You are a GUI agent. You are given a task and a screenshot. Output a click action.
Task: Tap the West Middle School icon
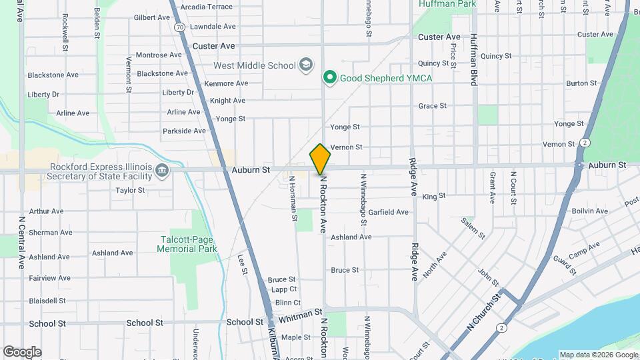[306, 65]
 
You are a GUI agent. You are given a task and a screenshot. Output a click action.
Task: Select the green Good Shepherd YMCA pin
[329, 78]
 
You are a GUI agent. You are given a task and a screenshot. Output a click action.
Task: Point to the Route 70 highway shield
[180, 27]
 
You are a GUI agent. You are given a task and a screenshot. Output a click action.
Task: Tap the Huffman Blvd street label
[474, 59]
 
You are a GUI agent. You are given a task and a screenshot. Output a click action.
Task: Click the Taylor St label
[130, 190]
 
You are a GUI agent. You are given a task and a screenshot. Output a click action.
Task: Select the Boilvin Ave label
[589, 211]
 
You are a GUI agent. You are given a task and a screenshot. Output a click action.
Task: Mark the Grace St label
[432, 106]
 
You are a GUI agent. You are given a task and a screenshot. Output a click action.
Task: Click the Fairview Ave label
[49, 278]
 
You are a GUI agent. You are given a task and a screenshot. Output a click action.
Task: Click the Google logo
[22, 351]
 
